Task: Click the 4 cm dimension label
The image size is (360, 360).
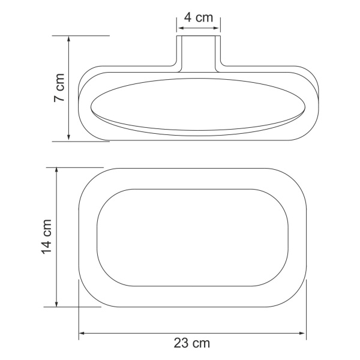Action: click(199, 17)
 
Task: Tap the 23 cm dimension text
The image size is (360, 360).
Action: click(193, 344)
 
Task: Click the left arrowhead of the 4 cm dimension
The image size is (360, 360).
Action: click(179, 27)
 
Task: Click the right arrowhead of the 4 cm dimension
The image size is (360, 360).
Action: click(217, 27)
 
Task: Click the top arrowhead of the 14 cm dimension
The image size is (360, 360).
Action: click(57, 172)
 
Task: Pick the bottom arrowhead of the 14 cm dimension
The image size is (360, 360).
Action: click(57, 303)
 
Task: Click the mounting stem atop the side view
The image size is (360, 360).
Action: click(199, 51)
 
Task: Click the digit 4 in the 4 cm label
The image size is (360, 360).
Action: click(188, 17)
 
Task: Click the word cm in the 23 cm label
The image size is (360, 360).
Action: click(202, 344)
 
